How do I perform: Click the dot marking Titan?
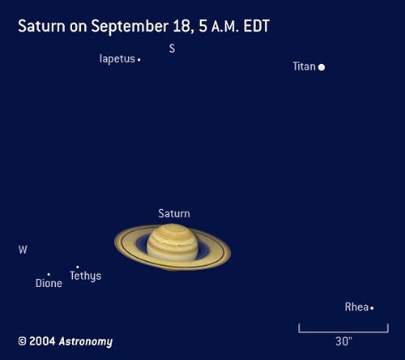(x=322, y=67)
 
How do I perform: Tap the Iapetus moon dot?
(x=139, y=60)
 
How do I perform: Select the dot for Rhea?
(x=372, y=308)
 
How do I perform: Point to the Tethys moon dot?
(x=78, y=267)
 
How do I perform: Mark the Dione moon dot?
(x=49, y=275)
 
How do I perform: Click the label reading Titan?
(x=305, y=66)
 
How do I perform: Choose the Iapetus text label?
(x=117, y=59)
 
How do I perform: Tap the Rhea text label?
(x=356, y=307)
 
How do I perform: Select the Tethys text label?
(x=86, y=276)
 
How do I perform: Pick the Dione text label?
(x=49, y=283)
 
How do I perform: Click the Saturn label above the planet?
(x=174, y=213)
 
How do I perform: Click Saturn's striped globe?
(x=173, y=242)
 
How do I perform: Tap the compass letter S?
(x=172, y=49)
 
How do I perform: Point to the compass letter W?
(x=23, y=250)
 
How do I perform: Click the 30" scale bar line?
(x=343, y=332)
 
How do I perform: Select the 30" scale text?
(x=343, y=341)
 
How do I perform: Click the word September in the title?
(x=130, y=27)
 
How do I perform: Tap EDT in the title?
(x=256, y=26)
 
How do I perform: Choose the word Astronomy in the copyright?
(x=86, y=341)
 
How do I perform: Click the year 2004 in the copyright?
(x=42, y=341)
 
